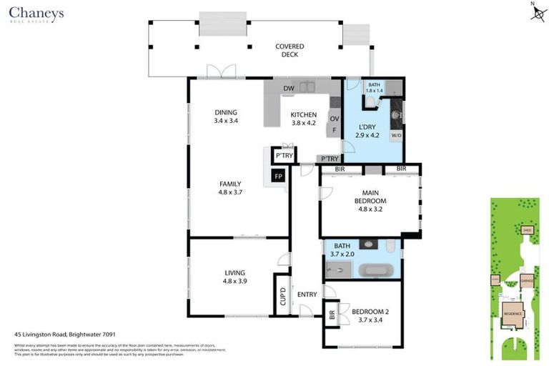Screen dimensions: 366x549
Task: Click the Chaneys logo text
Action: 36,13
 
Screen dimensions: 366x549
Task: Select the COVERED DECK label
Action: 290,50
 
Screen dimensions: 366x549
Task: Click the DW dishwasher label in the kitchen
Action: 289,89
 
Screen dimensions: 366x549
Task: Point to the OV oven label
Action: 334,119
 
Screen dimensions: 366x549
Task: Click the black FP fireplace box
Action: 278,176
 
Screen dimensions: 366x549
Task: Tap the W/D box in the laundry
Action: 396,134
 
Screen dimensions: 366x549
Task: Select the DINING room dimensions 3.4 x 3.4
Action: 225,121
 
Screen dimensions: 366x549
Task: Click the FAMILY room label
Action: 229,183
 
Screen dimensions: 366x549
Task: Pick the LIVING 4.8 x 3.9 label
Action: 234,277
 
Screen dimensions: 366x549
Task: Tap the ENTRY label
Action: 307,295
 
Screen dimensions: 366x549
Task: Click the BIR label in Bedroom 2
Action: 332,313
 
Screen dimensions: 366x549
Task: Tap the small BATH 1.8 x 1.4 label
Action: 375,88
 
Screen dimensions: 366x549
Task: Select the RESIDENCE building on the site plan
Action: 513,313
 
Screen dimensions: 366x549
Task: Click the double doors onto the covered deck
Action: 222,72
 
